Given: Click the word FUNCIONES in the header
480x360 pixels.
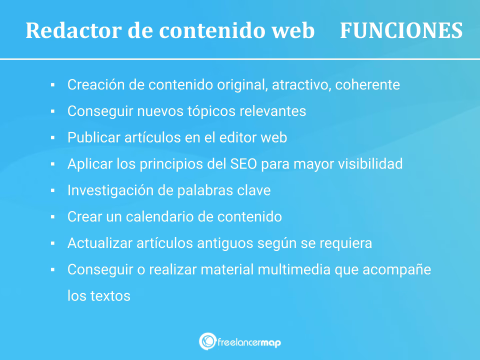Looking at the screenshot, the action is [x=401, y=30].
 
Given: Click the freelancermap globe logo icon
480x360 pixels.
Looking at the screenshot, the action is [x=207, y=341].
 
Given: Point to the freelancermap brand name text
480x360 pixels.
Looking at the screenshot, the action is [x=249, y=342].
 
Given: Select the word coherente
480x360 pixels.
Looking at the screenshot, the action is [x=367, y=84].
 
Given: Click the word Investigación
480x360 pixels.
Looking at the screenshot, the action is [x=110, y=190].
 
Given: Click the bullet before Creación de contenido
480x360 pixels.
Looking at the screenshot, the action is [x=52, y=85].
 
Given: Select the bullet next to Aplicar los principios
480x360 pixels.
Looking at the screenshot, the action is [x=52, y=164].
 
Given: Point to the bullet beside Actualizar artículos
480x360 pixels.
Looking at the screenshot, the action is [x=52, y=243].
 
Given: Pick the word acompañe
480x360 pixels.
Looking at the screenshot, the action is [x=396, y=269].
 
